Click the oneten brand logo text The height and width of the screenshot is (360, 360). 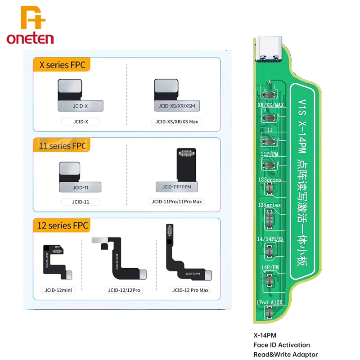click(x=30, y=38)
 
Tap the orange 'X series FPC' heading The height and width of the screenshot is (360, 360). click(x=61, y=65)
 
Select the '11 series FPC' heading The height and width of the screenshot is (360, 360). click(x=61, y=146)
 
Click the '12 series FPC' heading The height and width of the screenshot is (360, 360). click(x=61, y=225)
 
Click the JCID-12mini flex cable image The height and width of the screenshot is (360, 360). click(x=56, y=261)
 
